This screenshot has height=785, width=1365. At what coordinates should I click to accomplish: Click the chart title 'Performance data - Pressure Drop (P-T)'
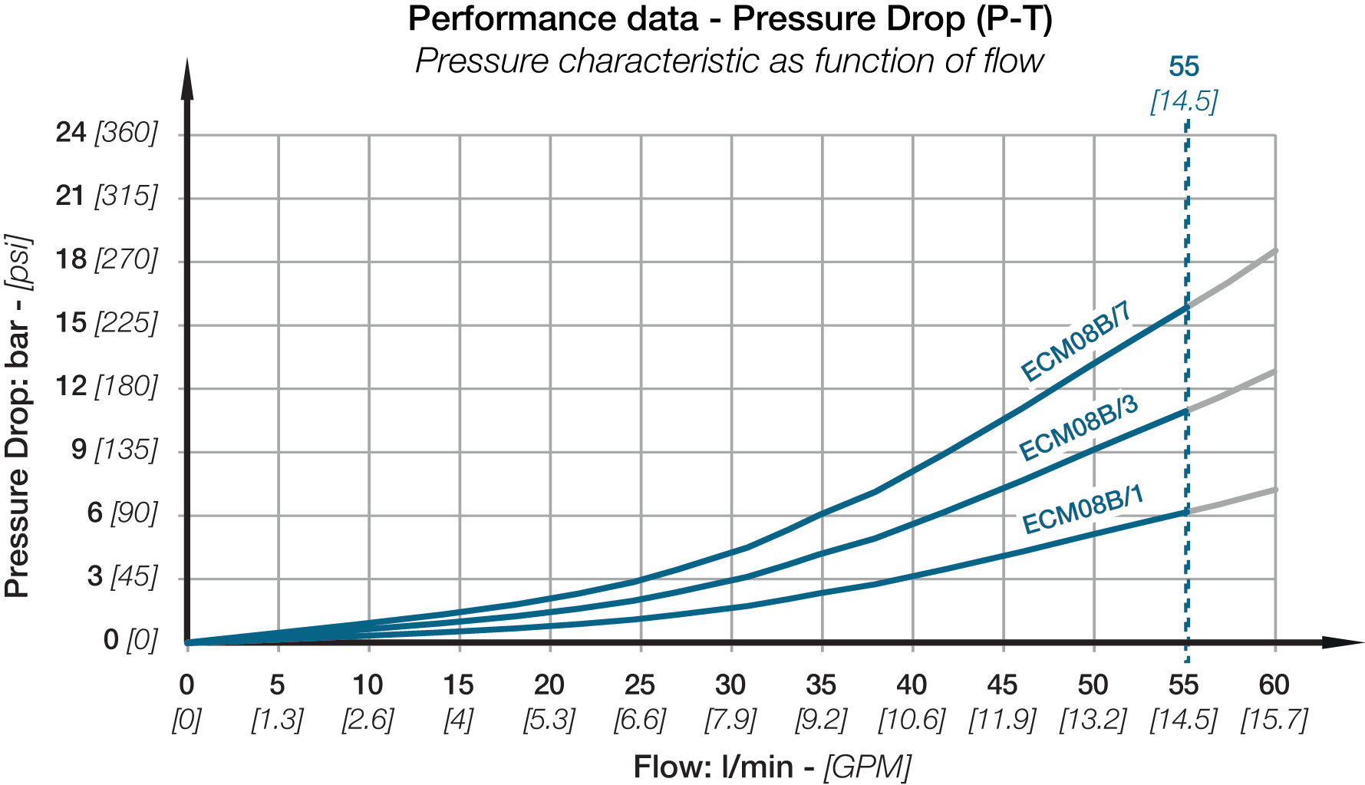pyautogui.click(x=730, y=19)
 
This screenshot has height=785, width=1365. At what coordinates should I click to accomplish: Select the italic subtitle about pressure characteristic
pyautogui.click(x=730, y=61)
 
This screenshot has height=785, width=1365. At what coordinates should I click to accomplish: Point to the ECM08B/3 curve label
pyautogui.click(x=1077, y=428)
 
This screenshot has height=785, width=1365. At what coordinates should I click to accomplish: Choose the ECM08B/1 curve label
pyautogui.click(x=1083, y=510)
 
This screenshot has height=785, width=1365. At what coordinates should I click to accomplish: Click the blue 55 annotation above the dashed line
pyautogui.click(x=1184, y=68)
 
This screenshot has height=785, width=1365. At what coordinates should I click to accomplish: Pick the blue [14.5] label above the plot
pyautogui.click(x=1184, y=101)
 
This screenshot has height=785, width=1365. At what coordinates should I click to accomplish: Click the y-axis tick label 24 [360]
pyautogui.click(x=106, y=133)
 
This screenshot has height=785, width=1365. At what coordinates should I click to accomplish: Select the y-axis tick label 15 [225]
pyautogui.click(x=106, y=322)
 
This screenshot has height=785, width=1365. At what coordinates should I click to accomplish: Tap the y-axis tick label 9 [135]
pyautogui.click(x=114, y=449)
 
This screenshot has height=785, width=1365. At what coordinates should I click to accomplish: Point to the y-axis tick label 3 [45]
pyautogui.click(x=122, y=576)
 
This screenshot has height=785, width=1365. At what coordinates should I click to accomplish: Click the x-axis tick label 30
pyautogui.click(x=730, y=684)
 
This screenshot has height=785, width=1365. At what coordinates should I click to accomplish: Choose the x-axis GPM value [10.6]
pyautogui.click(x=912, y=720)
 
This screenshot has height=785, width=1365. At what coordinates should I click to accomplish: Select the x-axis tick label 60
pyautogui.click(x=1274, y=684)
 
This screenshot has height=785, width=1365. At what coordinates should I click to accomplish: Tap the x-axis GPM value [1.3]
pyautogui.click(x=278, y=720)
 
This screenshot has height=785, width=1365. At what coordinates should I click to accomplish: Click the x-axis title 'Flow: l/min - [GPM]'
pyautogui.click(x=772, y=767)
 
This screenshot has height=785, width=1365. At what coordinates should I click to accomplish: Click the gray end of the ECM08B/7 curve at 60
pyautogui.click(x=1274, y=252)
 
